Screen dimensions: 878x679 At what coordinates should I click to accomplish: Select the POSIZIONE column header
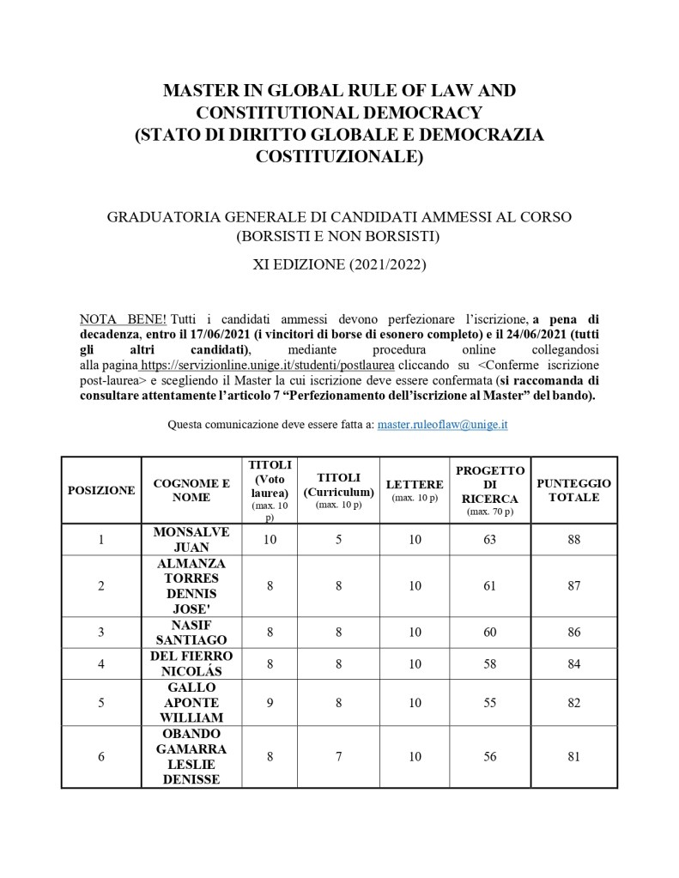pos(101,490)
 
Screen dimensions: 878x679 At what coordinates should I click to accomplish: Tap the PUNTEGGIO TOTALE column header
pos(573,490)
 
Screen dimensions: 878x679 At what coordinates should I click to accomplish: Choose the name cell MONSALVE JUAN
pos(191,540)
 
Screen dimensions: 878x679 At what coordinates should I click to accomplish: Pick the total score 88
pos(574,540)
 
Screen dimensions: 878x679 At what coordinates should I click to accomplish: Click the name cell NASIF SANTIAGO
pos(191,633)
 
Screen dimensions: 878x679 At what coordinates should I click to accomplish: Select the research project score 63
pos(490,540)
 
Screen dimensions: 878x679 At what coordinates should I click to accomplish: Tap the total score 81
pos(574,756)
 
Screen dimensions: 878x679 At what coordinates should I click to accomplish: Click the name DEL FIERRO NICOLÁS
pos(191,663)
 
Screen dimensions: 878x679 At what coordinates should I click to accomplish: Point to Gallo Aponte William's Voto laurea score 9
pos(270,703)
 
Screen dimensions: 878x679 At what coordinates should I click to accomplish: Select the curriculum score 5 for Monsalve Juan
pos(339,540)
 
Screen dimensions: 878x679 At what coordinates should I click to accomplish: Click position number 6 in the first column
pos(101,756)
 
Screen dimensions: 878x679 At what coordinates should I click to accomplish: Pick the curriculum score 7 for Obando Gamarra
pos(339,756)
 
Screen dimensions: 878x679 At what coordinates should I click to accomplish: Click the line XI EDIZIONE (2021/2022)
pos(339,264)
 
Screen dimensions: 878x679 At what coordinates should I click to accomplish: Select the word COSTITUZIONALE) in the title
pos(339,157)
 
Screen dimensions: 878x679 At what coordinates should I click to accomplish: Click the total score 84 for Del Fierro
pos(574,663)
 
